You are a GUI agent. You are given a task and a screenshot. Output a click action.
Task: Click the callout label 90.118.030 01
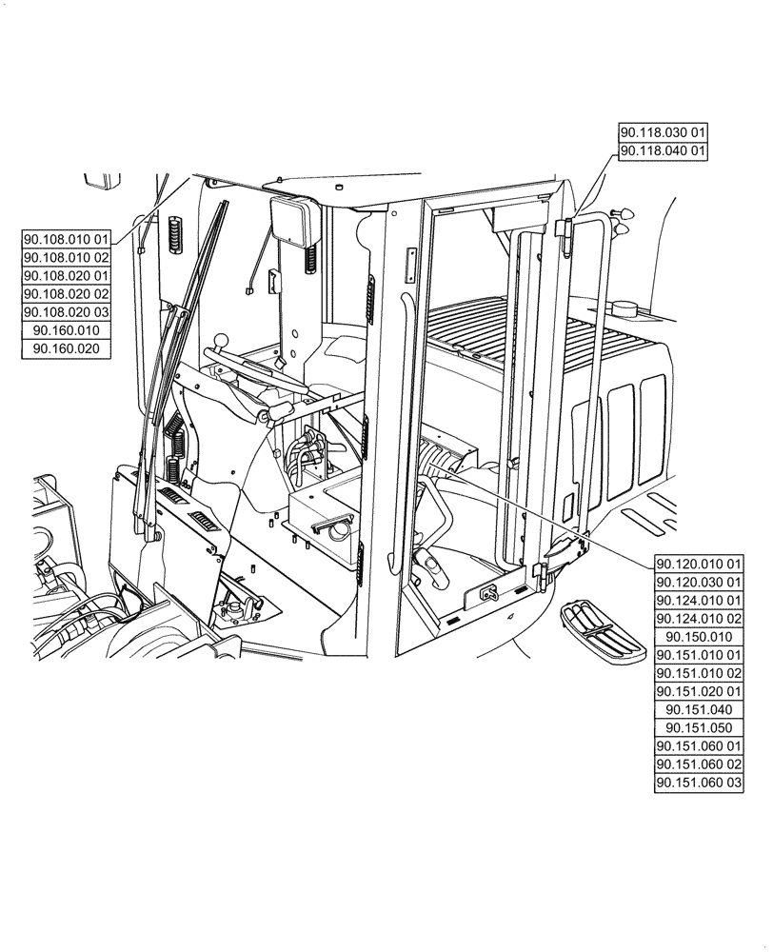point(663,132)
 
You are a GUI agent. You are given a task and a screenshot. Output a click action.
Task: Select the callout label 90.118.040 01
point(663,150)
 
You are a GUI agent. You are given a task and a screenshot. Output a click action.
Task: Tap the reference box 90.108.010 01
point(67,239)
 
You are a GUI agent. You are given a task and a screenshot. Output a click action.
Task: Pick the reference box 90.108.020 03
point(67,312)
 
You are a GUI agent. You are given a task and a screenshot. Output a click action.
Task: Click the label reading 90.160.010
point(67,330)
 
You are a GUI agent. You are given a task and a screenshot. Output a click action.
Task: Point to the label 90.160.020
point(67,349)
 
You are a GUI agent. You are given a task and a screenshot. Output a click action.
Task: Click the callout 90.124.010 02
point(699,618)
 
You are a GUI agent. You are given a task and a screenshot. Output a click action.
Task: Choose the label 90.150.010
point(699,637)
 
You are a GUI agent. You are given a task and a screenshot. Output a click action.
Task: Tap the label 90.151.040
point(699,710)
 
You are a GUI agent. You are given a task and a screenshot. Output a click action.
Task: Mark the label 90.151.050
point(699,728)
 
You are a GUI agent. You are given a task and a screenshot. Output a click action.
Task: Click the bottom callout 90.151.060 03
point(699,783)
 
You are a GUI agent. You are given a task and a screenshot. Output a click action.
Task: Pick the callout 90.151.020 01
point(699,691)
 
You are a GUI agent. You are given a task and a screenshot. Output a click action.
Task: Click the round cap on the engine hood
point(624,307)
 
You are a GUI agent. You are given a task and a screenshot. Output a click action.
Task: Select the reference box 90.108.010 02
point(67,257)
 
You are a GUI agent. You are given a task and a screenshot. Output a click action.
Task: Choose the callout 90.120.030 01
point(699,582)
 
